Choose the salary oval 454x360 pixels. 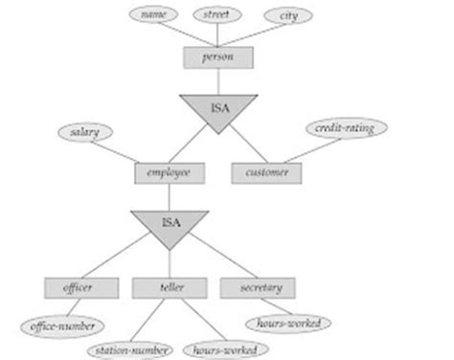83,132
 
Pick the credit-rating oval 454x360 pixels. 344,128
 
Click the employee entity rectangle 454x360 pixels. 170,173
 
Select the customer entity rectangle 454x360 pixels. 266,173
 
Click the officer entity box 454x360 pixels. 83,287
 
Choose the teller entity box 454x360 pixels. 170,287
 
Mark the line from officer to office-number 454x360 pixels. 72,306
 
